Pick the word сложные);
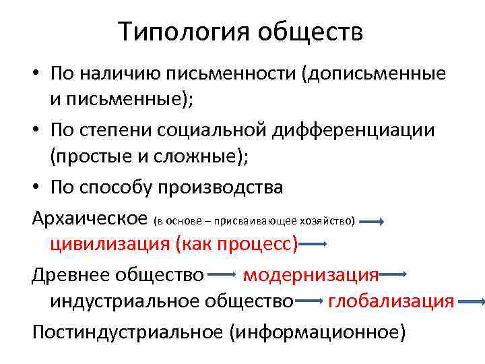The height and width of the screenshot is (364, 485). (x=206, y=156)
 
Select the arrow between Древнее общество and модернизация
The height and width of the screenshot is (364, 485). (x=222, y=274)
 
